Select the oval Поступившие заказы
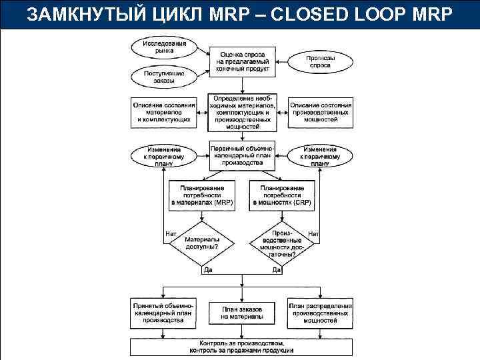pos(164,77)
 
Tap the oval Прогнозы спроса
pos(320,62)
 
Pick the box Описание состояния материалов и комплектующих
pos(164,109)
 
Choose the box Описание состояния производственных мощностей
pos(320,109)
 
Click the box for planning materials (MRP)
pos(201,194)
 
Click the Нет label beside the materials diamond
pos(171,233)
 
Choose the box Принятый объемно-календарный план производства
pos(164,313)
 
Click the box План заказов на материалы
pos(242,313)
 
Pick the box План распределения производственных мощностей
pos(320,313)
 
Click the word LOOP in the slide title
pos(379,15)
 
